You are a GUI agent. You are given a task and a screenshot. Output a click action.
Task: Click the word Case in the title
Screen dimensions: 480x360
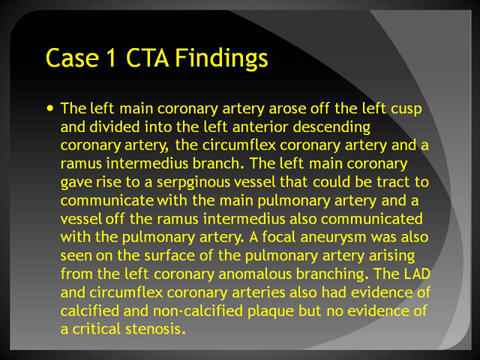pyautogui.click(x=72, y=58)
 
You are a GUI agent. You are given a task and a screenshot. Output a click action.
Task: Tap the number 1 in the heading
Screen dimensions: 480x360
pyautogui.click(x=111, y=58)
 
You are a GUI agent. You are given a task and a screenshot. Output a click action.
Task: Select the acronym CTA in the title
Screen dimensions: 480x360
pyautogui.click(x=147, y=58)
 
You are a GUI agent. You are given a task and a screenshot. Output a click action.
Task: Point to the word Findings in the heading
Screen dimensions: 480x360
pyautogui.click(x=222, y=58)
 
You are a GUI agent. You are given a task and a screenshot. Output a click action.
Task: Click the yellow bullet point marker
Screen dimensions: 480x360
pyautogui.click(x=50, y=108)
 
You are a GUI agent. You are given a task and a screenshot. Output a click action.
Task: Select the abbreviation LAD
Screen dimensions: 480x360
pyautogui.click(x=417, y=274)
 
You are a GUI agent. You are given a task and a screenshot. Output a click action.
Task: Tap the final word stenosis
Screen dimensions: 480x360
pyautogui.click(x=155, y=329)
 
